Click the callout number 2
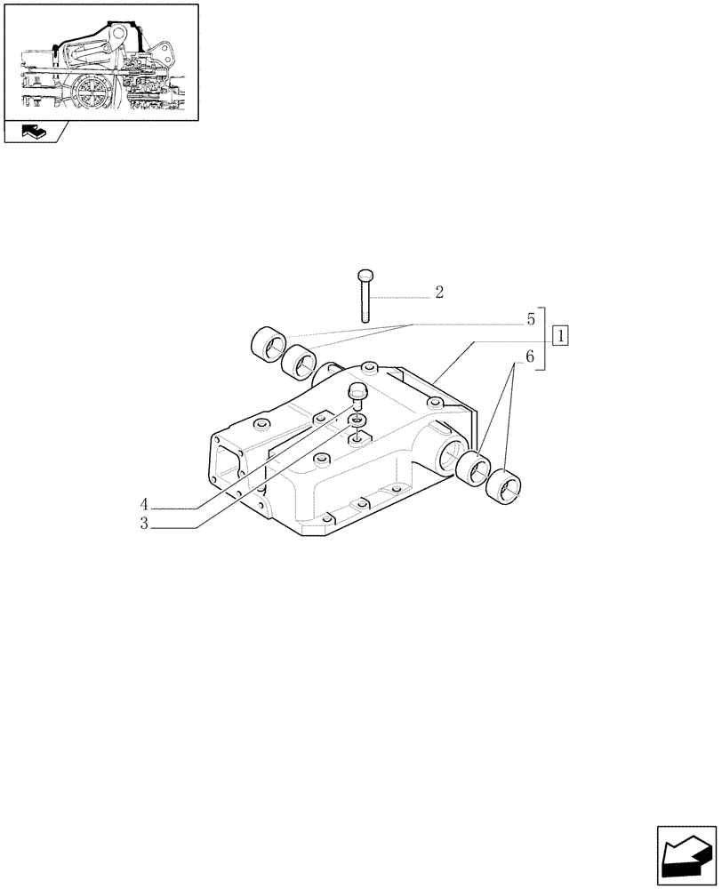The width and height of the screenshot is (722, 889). point(439,292)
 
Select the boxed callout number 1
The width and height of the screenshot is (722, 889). point(561,336)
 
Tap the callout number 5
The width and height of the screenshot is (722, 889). point(529,318)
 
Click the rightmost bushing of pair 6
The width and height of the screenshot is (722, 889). point(505,485)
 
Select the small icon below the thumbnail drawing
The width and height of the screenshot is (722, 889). point(34,132)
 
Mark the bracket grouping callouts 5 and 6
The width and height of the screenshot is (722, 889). point(542,338)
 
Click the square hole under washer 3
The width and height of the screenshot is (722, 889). point(357,437)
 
